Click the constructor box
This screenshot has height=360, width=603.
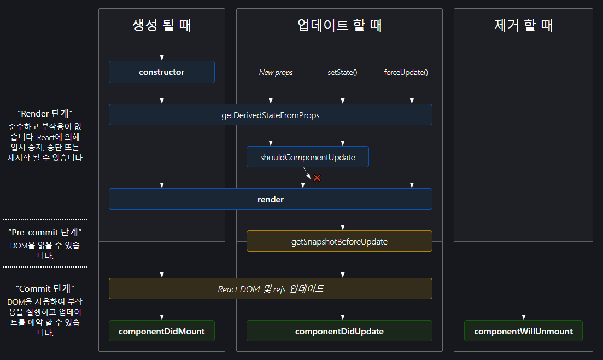[x=161, y=72]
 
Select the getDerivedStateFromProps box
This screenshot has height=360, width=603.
[x=270, y=115]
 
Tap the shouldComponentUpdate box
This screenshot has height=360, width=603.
[x=307, y=157]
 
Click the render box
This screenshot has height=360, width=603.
[x=270, y=199]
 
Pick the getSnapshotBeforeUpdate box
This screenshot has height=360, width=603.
[x=339, y=241]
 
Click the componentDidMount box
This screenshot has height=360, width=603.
[x=161, y=331]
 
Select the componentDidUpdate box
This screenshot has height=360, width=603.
[x=339, y=331]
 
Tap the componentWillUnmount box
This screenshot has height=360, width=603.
[x=523, y=331]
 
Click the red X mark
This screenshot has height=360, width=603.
[x=317, y=178]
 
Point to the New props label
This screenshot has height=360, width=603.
[x=276, y=72]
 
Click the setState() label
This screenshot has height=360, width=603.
[x=342, y=72]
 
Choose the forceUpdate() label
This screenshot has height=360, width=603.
[x=406, y=72]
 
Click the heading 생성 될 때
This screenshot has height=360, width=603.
[x=161, y=25]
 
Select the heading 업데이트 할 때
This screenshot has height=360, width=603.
[x=339, y=25]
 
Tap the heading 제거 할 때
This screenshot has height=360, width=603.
[x=523, y=25]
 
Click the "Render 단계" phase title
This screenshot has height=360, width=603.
[x=45, y=114]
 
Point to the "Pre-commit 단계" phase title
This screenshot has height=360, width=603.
[x=45, y=233]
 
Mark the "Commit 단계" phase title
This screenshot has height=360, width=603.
[x=45, y=288]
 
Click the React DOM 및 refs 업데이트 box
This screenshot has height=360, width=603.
[x=270, y=288]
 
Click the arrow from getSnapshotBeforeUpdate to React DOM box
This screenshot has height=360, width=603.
[x=343, y=265]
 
